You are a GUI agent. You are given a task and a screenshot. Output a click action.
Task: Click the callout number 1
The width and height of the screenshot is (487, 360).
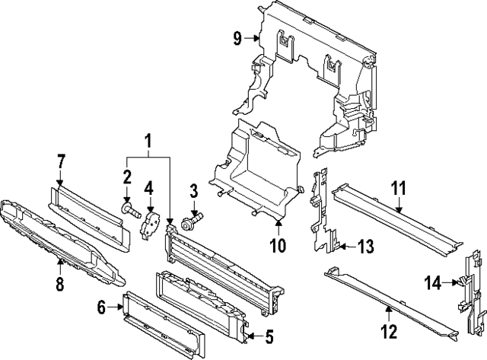[148, 141]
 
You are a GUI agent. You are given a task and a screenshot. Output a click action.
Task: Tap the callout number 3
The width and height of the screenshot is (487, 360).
[194, 190]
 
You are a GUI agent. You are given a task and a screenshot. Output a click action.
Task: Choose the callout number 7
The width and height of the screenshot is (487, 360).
[61, 161]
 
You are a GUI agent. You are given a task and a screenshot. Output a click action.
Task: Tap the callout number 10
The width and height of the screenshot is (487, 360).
[277, 245]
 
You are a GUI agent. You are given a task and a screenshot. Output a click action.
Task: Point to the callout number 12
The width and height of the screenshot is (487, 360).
[388, 332]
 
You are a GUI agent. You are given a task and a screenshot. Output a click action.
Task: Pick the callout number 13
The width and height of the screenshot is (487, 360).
[366, 246]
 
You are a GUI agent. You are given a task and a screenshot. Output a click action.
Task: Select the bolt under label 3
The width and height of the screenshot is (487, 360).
[189, 222]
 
